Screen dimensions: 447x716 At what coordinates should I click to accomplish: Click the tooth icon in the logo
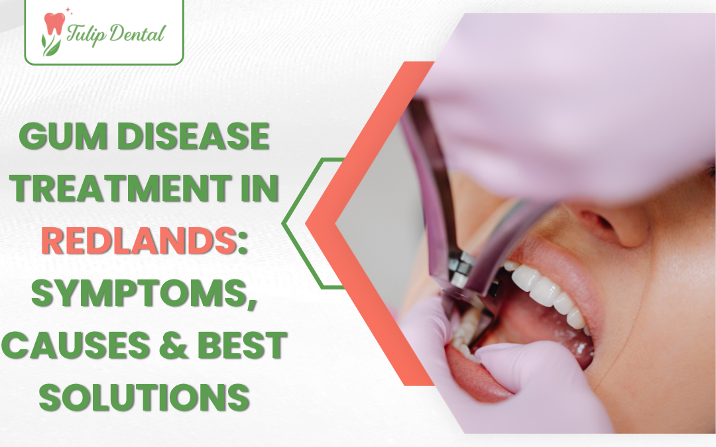coord(52,25)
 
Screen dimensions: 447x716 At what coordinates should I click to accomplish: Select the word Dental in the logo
coord(135,34)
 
